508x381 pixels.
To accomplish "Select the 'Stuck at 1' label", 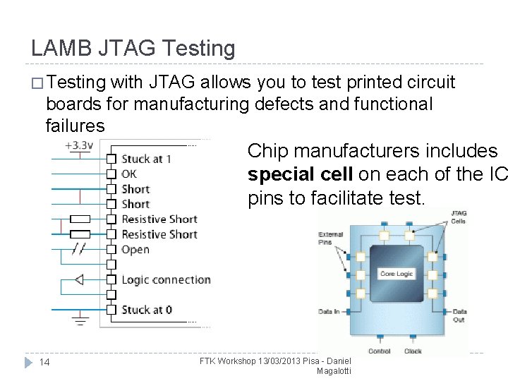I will [146, 159].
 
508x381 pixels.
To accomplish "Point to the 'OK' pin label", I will [129, 174].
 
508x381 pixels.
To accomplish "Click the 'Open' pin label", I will [135, 249].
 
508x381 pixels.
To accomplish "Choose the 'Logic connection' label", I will [166, 279].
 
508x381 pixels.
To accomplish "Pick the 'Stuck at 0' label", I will [146, 310].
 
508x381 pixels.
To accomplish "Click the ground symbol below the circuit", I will [81, 321].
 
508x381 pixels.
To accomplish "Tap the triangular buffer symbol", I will [78, 279].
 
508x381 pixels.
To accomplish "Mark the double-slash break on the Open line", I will [80, 249].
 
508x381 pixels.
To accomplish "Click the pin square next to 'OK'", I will [111, 174].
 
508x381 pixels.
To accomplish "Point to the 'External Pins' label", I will [330, 238].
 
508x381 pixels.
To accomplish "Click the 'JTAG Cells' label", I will [459, 217].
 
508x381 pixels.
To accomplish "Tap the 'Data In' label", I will [329, 311].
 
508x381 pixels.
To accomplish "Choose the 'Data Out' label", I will [459, 315].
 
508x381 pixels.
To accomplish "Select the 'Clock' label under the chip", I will [413, 351].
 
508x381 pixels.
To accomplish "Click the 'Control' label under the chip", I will [380, 351].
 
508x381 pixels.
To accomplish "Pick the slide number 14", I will [44, 362].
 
